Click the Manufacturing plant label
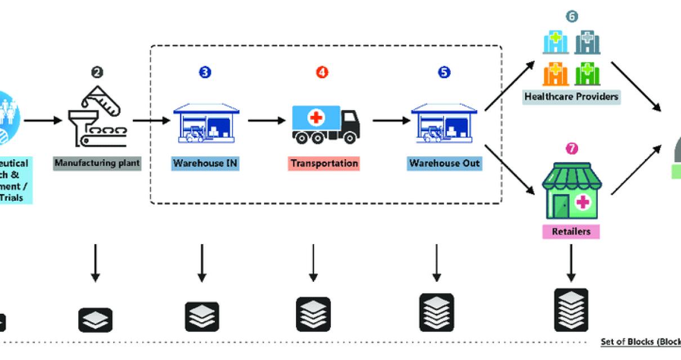pyautogui.click(x=97, y=164)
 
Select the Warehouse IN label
pyautogui.click(x=205, y=164)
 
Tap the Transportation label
pyautogui.click(x=324, y=164)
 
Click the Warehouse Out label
pyautogui.click(x=445, y=164)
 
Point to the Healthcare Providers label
pyautogui.click(x=571, y=96)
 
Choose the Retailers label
pyautogui.click(x=571, y=231)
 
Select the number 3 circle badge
pyautogui.click(x=205, y=72)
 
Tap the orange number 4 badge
pyautogui.click(x=323, y=72)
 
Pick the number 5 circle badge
pyautogui.click(x=445, y=72)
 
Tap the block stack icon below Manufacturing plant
pyautogui.click(x=95, y=319)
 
